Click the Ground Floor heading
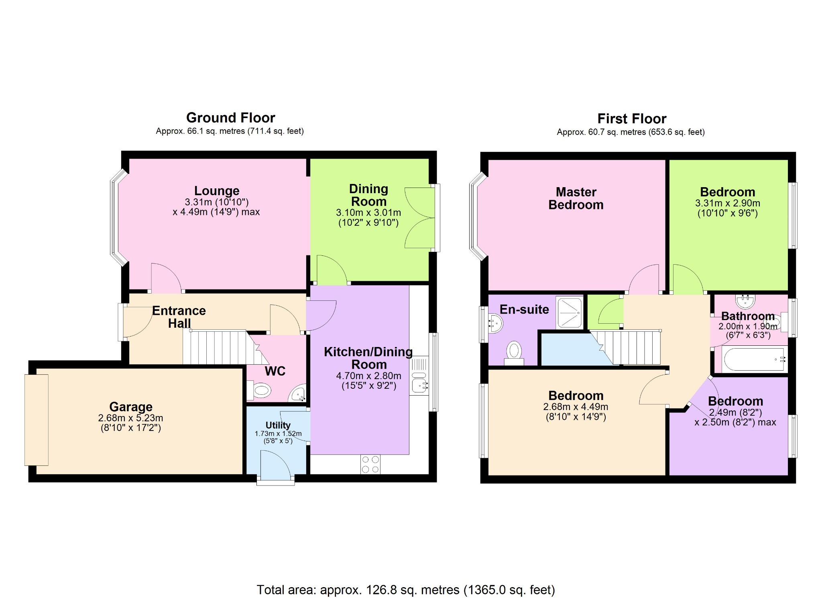click(x=230, y=118)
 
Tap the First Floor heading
click(x=631, y=119)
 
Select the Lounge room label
click(x=217, y=190)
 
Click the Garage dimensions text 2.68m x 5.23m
click(x=130, y=418)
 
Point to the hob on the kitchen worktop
click(x=370, y=464)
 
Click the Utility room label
click(x=278, y=425)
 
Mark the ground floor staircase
click(x=219, y=347)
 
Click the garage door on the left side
click(x=37, y=420)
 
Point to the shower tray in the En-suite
click(x=569, y=312)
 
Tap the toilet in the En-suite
click(x=514, y=352)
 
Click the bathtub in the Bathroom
click(x=754, y=359)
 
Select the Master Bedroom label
click(x=576, y=198)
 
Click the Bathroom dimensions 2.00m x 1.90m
click(x=747, y=327)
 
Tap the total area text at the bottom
click(x=405, y=590)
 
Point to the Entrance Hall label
click(x=179, y=317)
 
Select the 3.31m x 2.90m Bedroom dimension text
click(x=727, y=203)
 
